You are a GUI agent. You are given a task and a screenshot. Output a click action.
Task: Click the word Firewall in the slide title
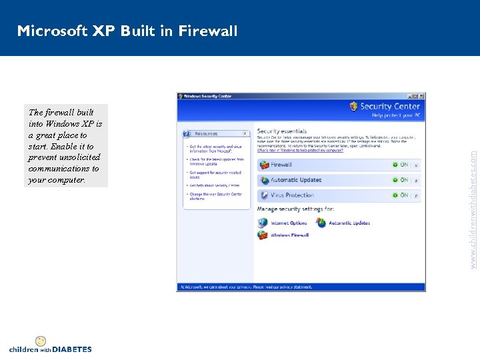[x=207, y=31]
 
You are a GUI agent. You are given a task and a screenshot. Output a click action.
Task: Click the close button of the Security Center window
[x=421, y=96]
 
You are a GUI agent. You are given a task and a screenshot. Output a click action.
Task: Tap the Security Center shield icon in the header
[x=353, y=106]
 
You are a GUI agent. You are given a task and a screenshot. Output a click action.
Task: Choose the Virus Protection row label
[x=292, y=195]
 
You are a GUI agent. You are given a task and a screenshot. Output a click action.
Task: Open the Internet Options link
[x=289, y=223]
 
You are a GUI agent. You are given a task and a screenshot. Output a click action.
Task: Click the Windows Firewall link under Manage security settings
[x=289, y=235]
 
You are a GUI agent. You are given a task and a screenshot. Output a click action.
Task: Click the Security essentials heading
[x=282, y=131]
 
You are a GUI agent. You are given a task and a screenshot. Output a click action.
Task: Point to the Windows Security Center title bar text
[x=207, y=96]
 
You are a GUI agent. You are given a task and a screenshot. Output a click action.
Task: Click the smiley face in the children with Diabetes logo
[x=41, y=341]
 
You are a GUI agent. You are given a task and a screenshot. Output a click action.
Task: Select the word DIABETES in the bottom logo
[x=71, y=349]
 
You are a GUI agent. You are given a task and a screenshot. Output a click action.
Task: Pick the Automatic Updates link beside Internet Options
[x=349, y=223]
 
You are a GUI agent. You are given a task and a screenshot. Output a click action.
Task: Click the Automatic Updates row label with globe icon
[x=295, y=180]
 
